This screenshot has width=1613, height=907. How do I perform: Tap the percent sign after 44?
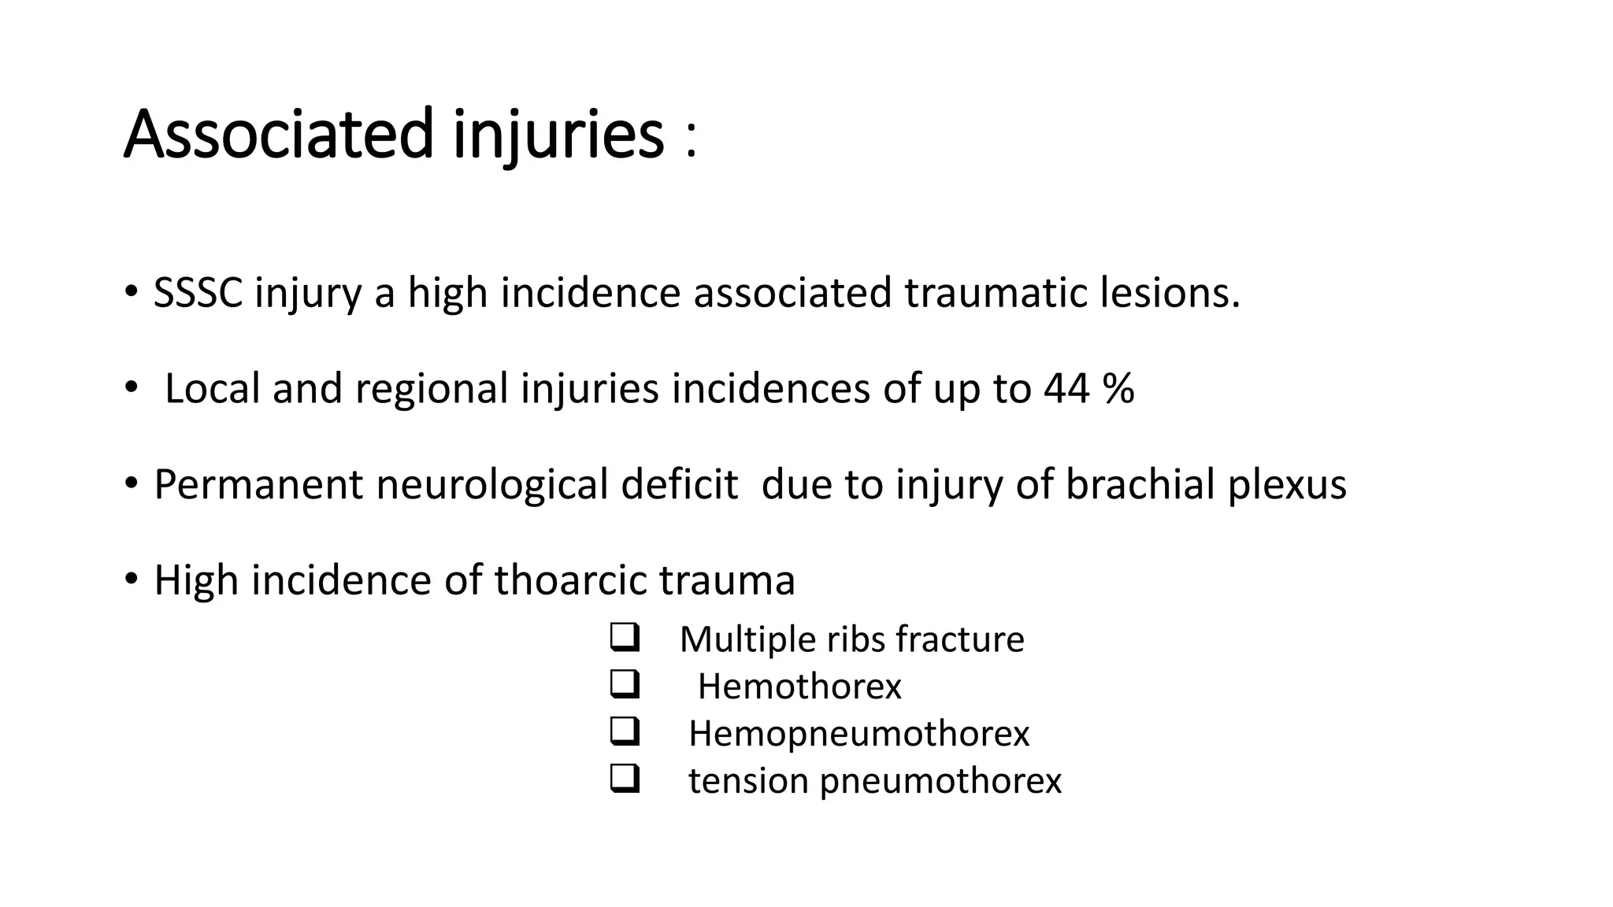pyautogui.click(x=1118, y=389)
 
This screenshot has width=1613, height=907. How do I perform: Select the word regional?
pyautogui.click(x=432, y=389)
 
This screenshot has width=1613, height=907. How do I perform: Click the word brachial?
pyautogui.click(x=1140, y=485)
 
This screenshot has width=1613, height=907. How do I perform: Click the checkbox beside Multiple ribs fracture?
pyautogui.click(x=624, y=638)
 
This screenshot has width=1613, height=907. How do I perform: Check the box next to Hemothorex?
pyautogui.click(x=624, y=685)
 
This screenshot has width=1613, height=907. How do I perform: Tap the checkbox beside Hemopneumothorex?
pyautogui.click(x=624, y=732)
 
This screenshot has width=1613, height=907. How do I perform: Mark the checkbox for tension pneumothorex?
pyautogui.click(x=624, y=779)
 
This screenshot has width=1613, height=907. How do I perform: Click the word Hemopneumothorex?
pyautogui.click(x=858, y=734)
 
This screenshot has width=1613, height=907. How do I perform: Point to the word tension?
pyautogui.click(x=748, y=781)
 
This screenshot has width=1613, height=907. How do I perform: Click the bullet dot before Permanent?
pyautogui.click(x=131, y=483)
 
